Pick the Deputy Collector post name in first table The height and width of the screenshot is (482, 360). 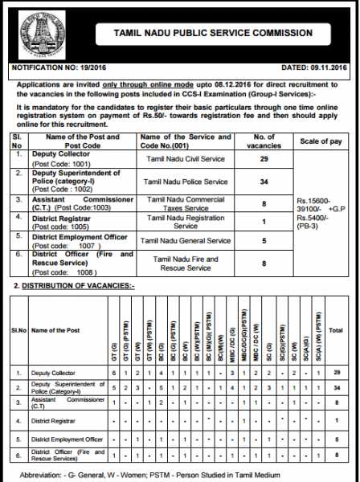(x=57, y=157)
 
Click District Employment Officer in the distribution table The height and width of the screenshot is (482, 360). (x=66, y=439)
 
